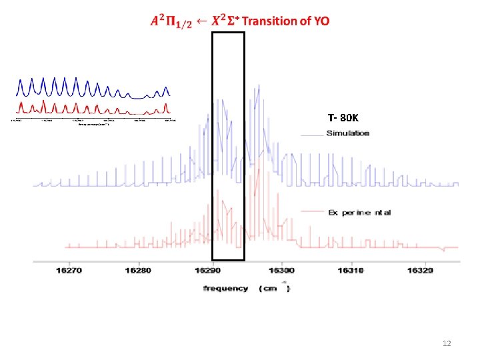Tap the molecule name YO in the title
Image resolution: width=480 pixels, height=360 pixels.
click(320, 21)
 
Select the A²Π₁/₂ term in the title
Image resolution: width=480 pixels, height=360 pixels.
click(171, 22)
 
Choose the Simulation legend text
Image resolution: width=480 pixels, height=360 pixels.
click(347, 133)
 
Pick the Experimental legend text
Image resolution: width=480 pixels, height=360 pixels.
click(359, 213)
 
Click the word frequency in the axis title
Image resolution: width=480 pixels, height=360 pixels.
click(225, 289)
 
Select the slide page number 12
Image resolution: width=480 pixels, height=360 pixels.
click(447, 343)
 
